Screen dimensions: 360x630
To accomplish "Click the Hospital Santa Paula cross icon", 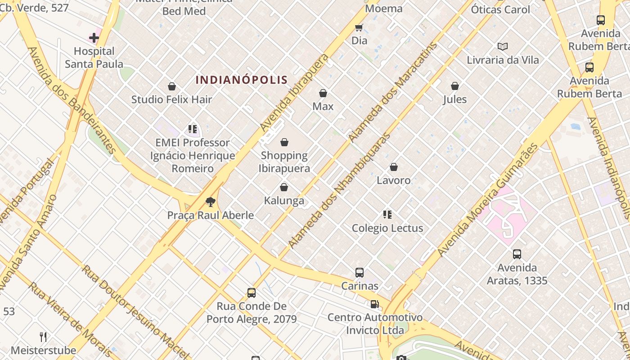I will (94, 37).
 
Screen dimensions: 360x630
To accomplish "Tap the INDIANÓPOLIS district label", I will (242, 80).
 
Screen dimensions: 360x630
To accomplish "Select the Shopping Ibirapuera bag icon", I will (284, 143).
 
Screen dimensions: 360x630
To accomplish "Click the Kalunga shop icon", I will (284, 187).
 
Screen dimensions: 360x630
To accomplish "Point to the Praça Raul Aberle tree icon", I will (210, 202).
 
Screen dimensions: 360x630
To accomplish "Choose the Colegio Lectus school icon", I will (387, 215).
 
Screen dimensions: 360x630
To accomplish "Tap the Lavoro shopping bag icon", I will (394, 167).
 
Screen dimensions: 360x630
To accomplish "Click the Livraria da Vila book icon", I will (503, 46).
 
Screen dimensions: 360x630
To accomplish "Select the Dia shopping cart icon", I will (359, 28).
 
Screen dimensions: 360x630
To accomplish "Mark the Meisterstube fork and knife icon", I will (43, 337).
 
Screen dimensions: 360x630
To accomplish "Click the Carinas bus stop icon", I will (360, 272).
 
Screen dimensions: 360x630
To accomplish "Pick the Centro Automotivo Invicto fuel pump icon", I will (374, 304).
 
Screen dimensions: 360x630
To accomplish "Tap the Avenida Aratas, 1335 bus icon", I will (517, 254).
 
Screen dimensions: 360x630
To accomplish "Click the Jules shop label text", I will (455, 99).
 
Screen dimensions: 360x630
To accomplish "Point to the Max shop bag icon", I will (323, 93).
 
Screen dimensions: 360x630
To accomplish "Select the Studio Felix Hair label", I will (171, 99).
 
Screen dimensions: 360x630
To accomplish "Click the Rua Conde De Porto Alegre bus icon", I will (252, 293).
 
